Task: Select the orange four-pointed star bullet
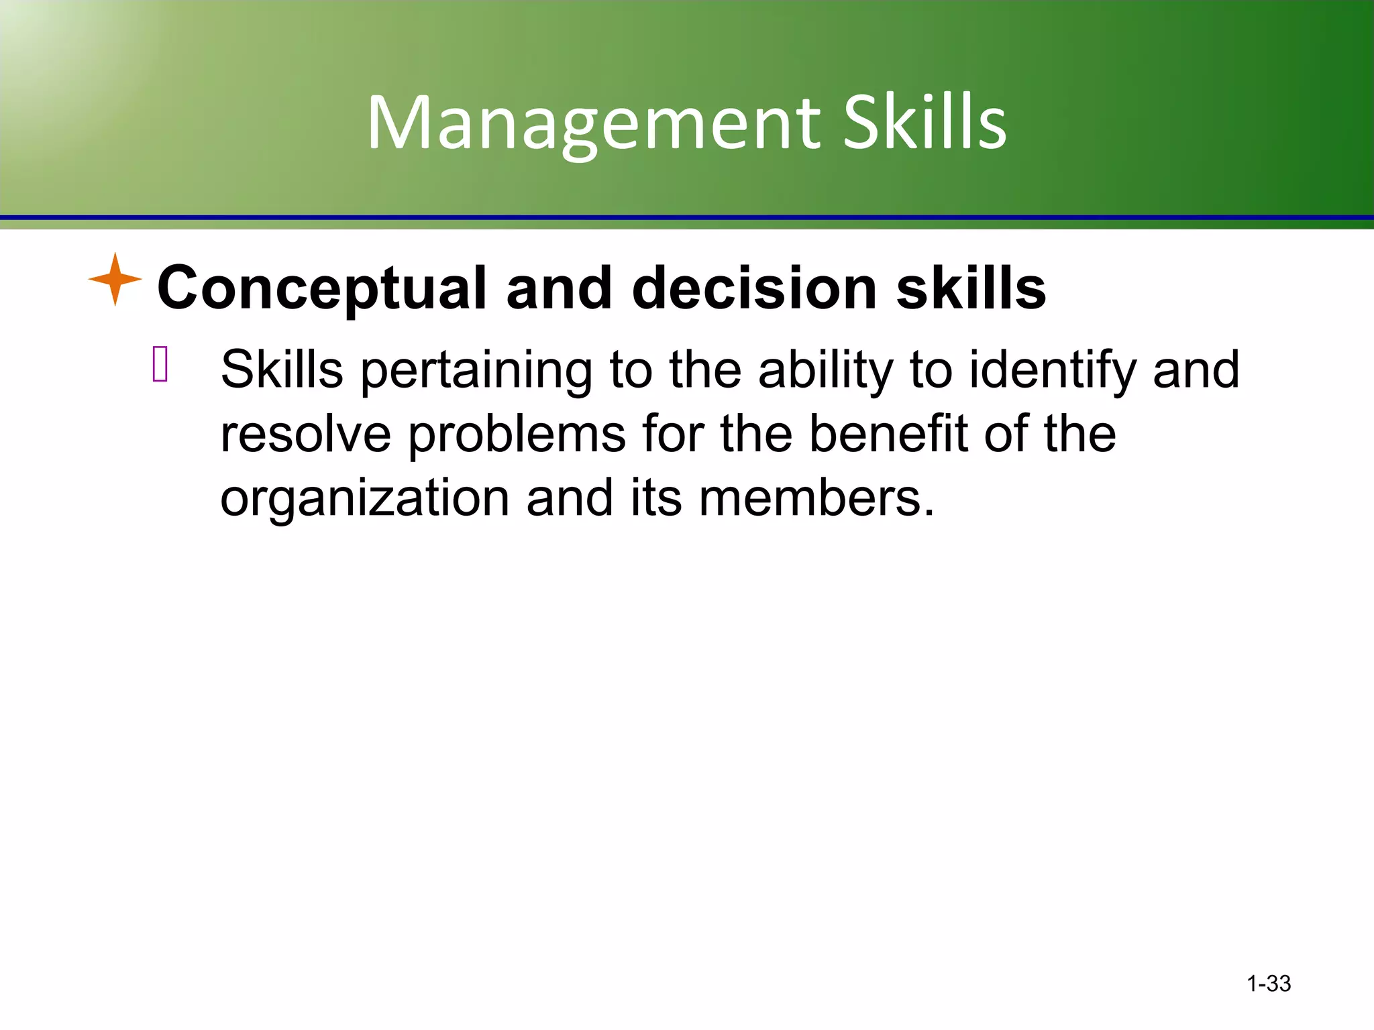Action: tap(115, 279)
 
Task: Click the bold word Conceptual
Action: tap(321, 288)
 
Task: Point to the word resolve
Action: tap(305, 434)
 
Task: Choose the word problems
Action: tap(516, 435)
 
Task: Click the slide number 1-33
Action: tap(1268, 984)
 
